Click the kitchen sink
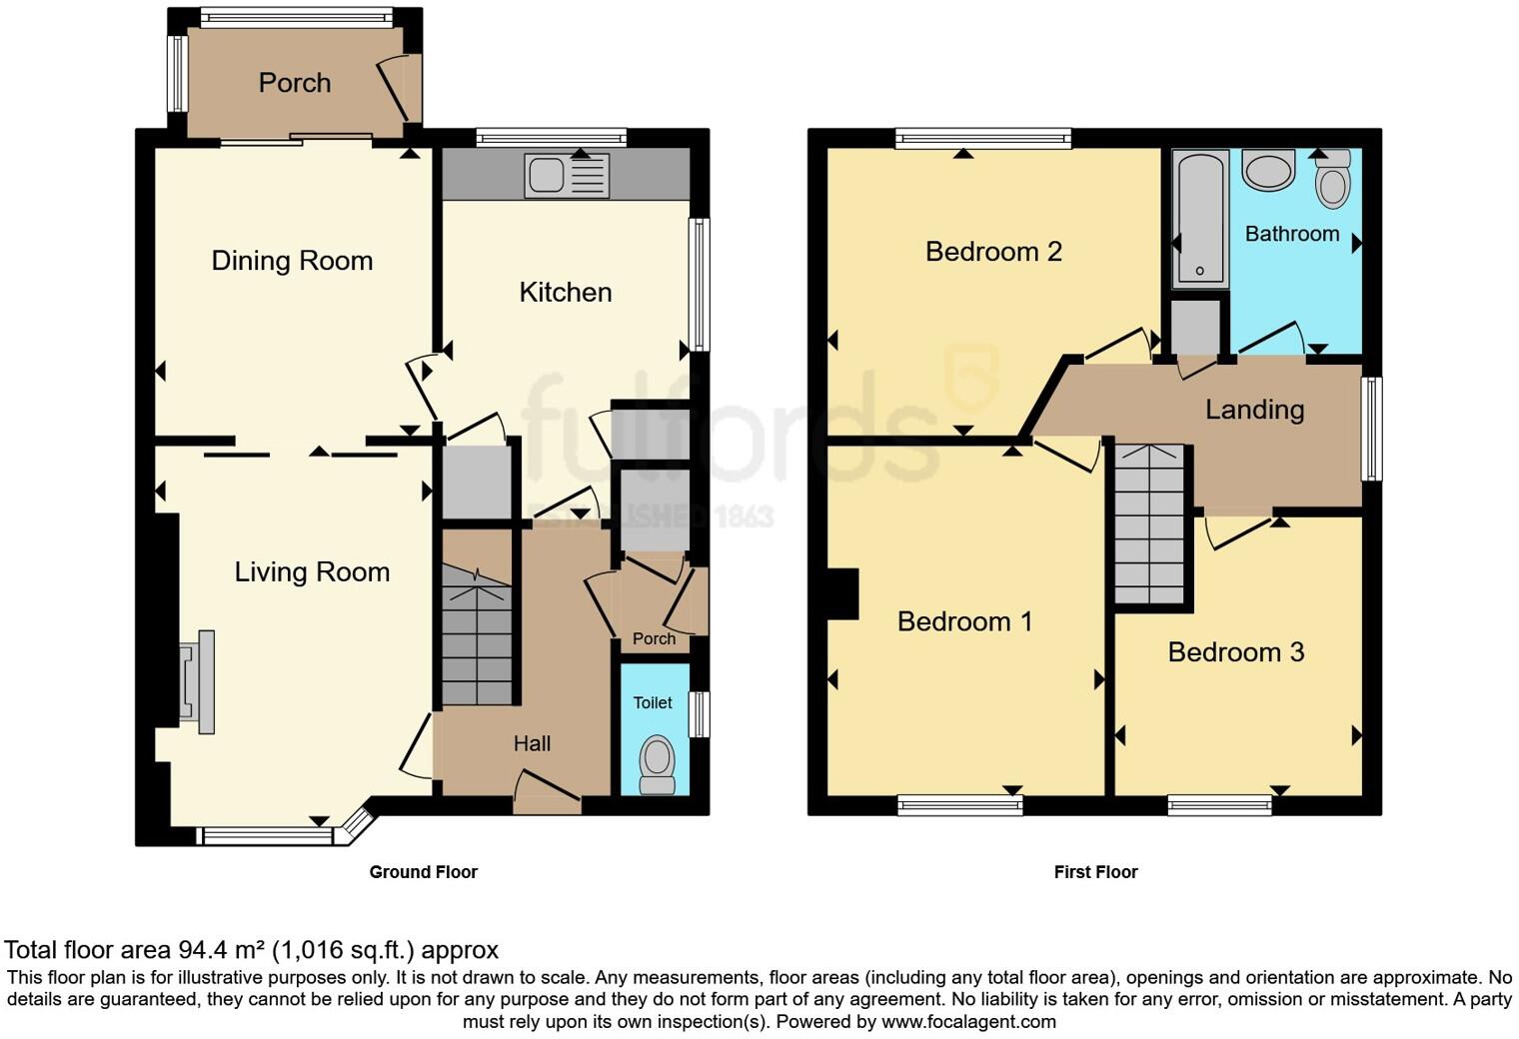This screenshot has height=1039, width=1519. pyautogui.click(x=567, y=176)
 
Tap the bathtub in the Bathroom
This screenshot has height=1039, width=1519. pyautogui.click(x=1198, y=219)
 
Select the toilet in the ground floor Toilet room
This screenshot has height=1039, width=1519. pyautogui.click(x=657, y=764)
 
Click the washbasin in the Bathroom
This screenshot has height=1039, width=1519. pyautogui.click(x=1268, y=171)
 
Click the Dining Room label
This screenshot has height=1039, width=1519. pyautogui.click(x=292, y=261)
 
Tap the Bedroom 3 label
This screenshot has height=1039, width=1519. pyautogui.click(x=1236, y=652)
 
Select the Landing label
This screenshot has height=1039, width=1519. pyautogui.click(x=1254, y=410)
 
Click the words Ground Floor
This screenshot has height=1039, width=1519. pyautogui.click(x=423, y=872)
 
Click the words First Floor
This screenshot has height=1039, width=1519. pyautogui.click(x=1095, y=872)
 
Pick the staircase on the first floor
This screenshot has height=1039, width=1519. pyautogui.click(x=1149, y=525)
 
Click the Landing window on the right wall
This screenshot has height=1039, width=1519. pyautogui.click(x=1372, y=429)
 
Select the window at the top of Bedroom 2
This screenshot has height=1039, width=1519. pyautogui.click(x=983, y=139)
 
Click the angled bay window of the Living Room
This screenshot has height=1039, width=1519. pyautogui.click(x=357, y=825)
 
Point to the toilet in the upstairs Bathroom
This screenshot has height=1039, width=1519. pyautogui.click(x=1333, y=180)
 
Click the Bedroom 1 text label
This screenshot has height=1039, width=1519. pyautogui.click(x=964, y=621)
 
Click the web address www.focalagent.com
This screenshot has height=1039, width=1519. pyautogui.click(x=968, y=1021)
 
